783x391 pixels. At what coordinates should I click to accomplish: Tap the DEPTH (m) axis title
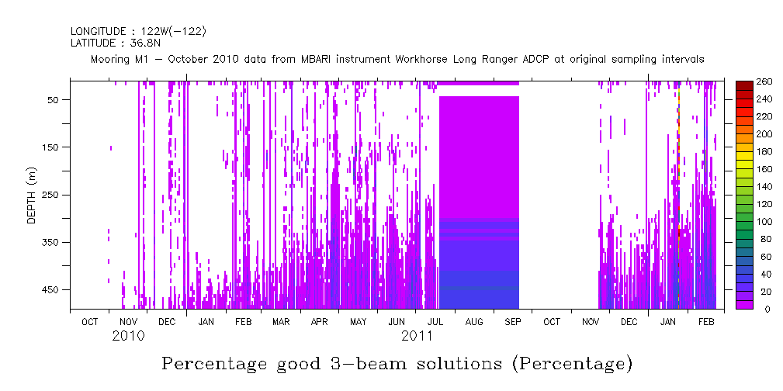(32, 195)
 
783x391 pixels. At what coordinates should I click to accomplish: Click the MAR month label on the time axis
(281, 321)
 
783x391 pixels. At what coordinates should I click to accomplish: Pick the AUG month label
(473, 321)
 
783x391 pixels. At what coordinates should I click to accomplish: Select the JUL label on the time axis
(435, 321)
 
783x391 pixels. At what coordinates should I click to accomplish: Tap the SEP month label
(512, 321)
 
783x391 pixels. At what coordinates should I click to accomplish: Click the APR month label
(320, 321)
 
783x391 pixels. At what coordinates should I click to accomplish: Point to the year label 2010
(128, 336)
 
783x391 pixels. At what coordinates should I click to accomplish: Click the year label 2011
(417, 336)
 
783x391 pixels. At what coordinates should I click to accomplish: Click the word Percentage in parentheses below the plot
(573, 364)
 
